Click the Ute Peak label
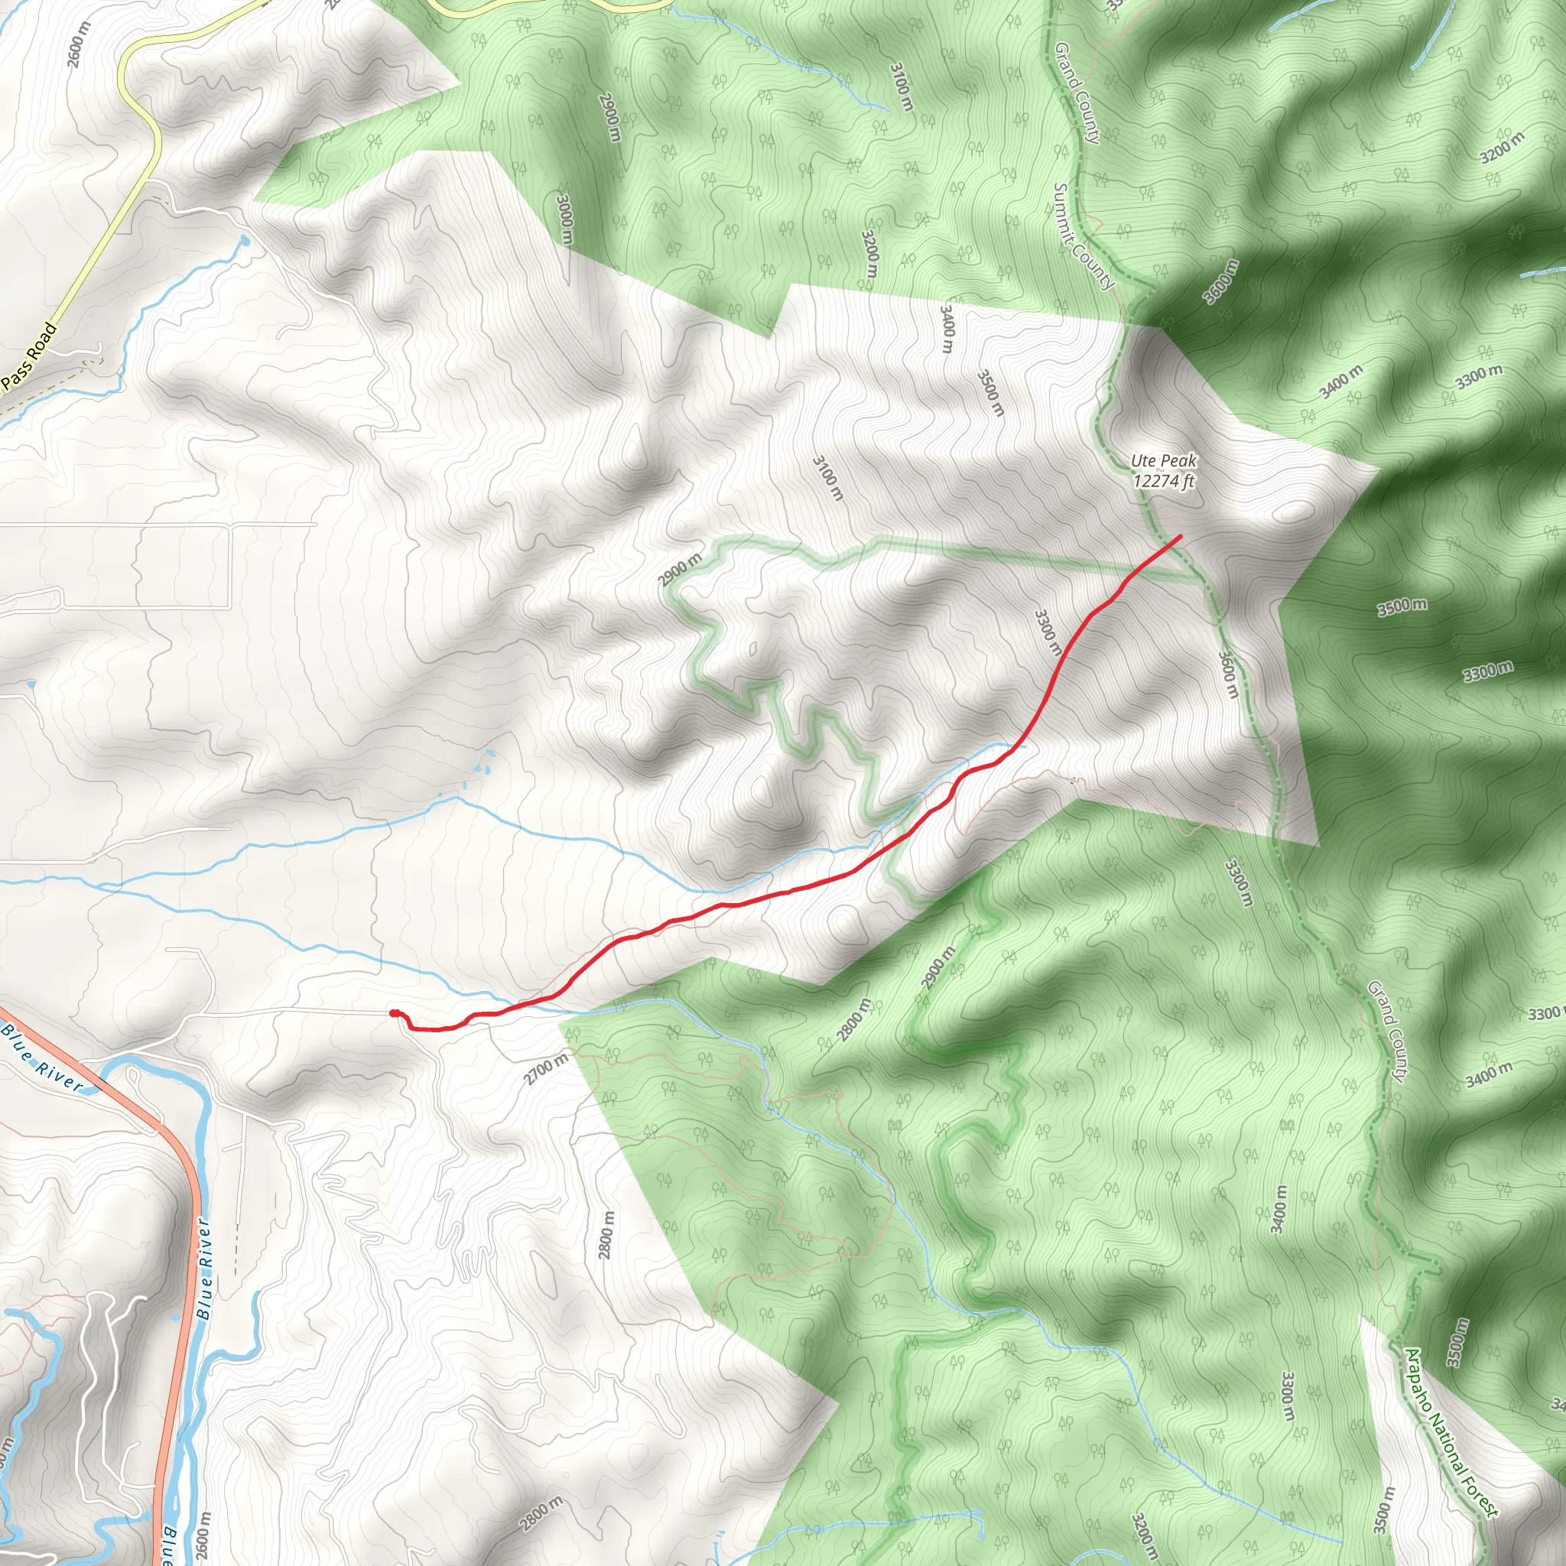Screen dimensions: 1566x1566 click(x=1163, y=461)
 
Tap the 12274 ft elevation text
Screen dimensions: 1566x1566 click(x=1163, y=482)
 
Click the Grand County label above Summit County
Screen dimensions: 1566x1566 click(x=1077, y=93)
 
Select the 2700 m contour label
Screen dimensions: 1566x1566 click(x=545, y=1069)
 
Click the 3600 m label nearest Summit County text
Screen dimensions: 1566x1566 click(x=1220, y=281)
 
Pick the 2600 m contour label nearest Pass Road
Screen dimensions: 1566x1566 click(x=80, y=44)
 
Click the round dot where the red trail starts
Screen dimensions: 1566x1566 click(x=394, y=1013)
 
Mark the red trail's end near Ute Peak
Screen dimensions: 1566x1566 click(x=1179, y=537)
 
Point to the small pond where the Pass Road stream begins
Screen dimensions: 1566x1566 click(x=244, y=241)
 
